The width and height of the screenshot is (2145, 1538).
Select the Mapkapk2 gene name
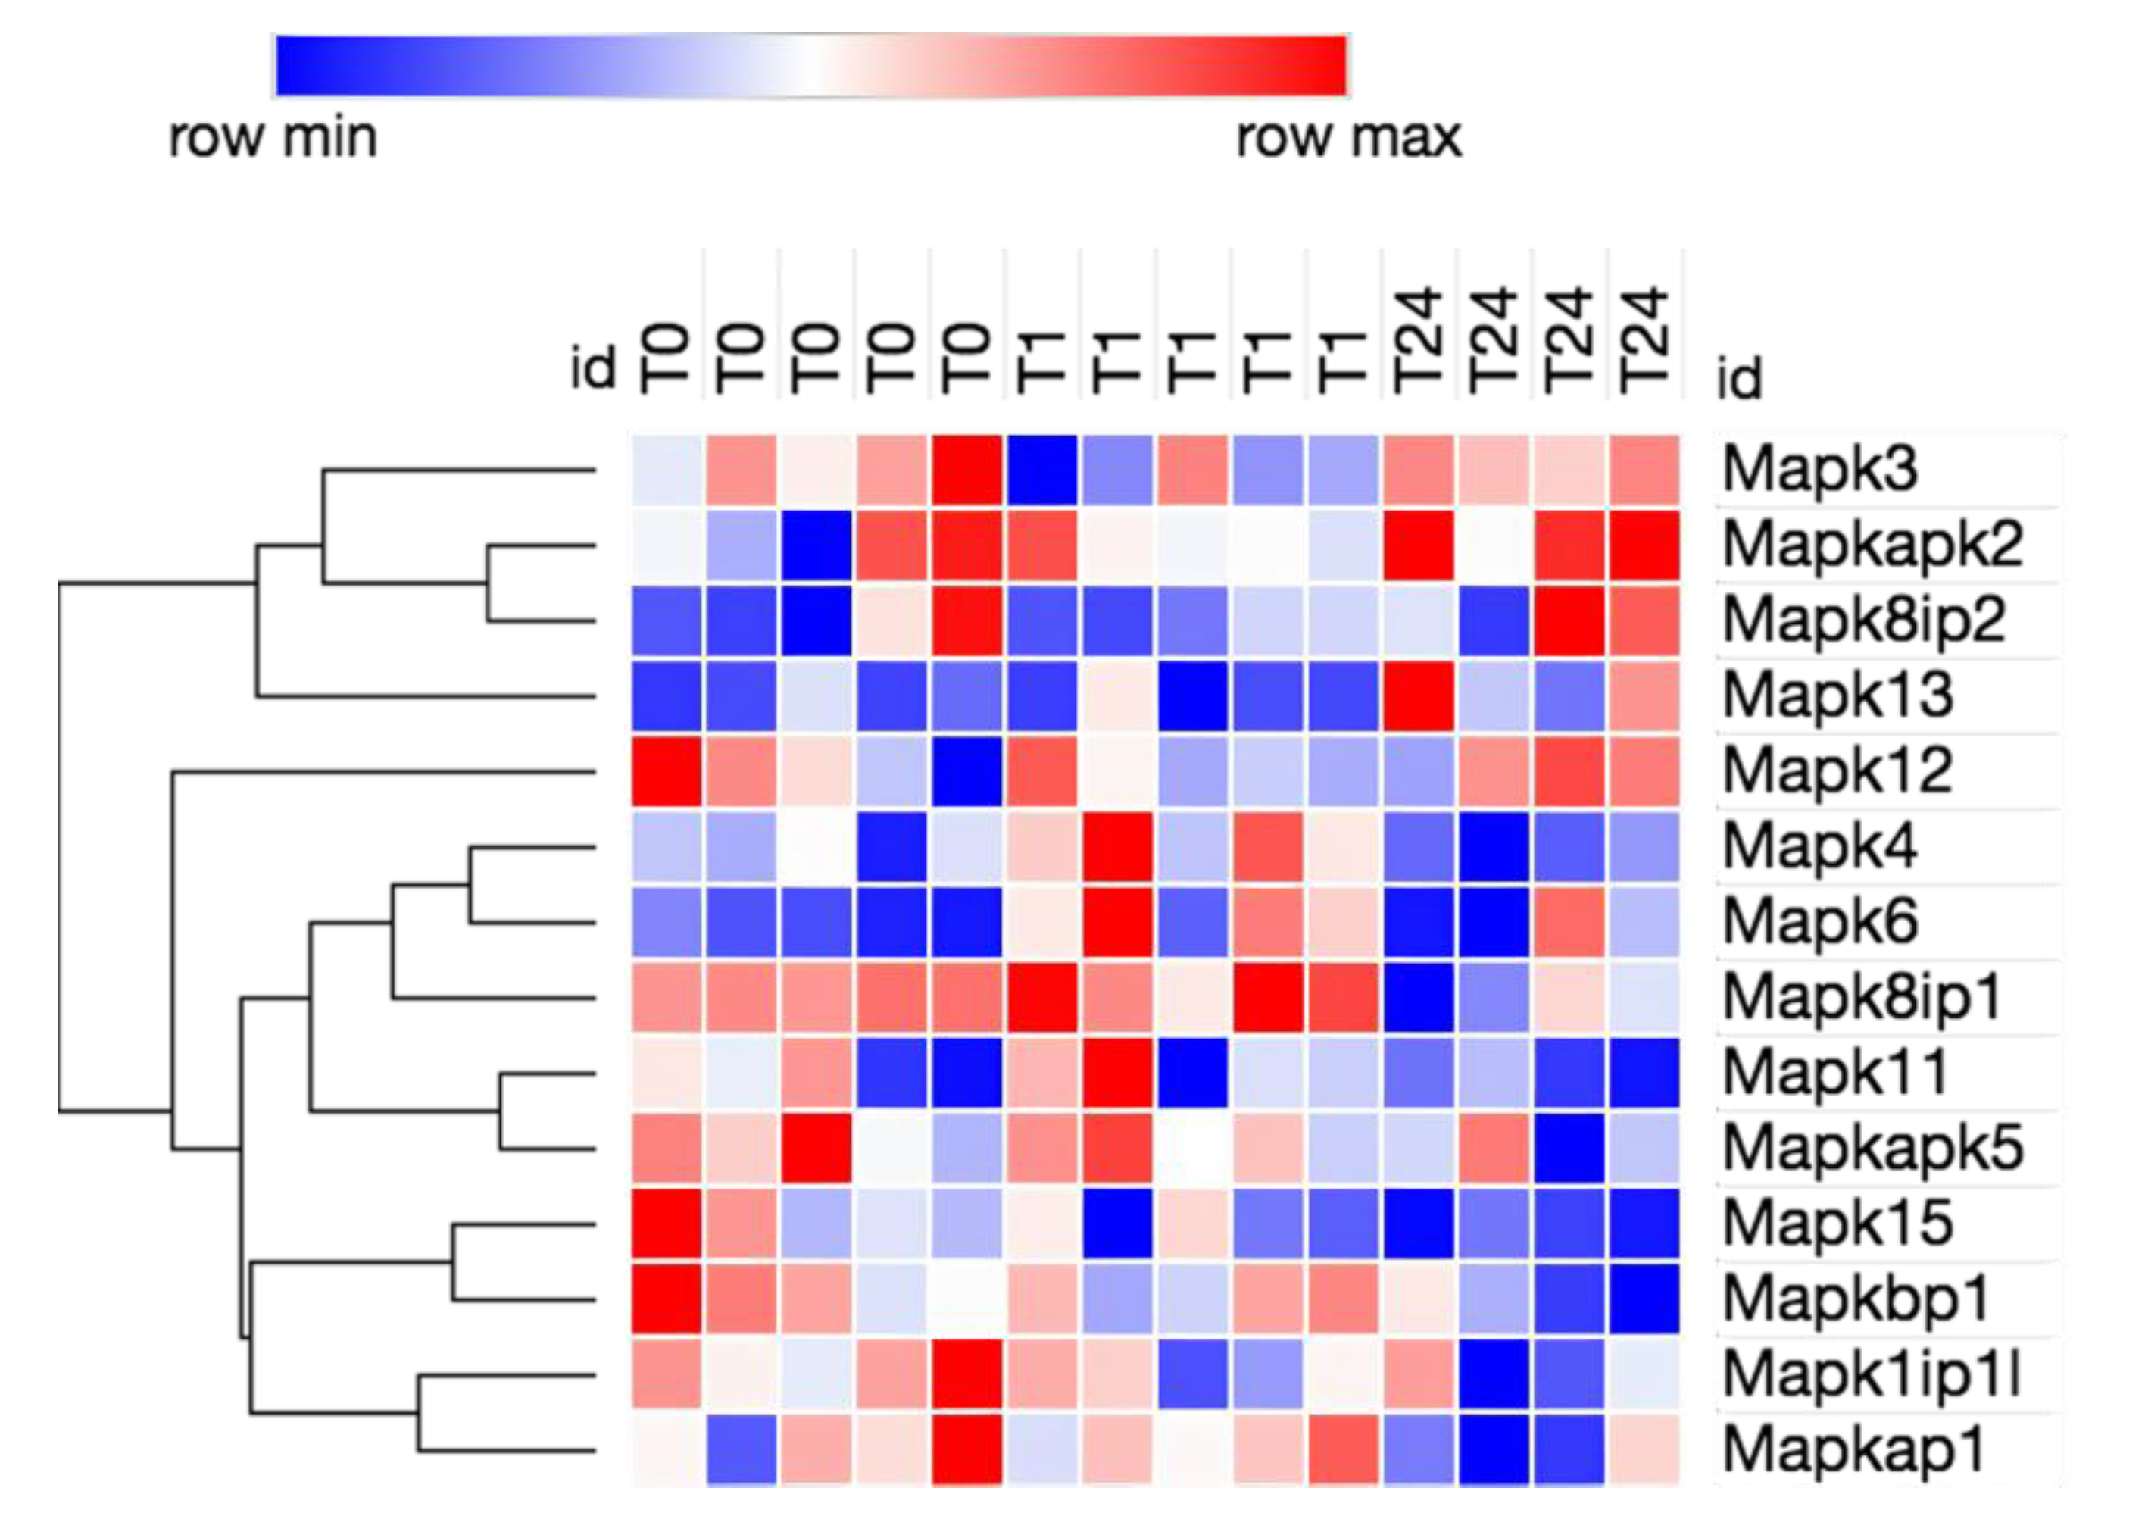(x=1872, y=545)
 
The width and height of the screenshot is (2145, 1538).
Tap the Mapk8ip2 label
(x=1863, y=621)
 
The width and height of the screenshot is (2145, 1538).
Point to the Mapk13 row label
(x=1837, y=696)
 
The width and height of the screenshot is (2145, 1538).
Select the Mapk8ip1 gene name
(x=1861, y=998)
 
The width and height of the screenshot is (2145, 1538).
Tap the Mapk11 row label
(x=1834, y=1074)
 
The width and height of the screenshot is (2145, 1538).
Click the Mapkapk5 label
(x=1872, y=1149)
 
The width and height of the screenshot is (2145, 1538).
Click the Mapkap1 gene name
(x=1853, y=1451)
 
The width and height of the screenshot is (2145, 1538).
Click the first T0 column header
(x=665, y=359)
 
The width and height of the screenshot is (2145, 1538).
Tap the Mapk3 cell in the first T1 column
(x=1041, y=470)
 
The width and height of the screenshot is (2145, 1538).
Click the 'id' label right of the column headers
(x=1738, y=378)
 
